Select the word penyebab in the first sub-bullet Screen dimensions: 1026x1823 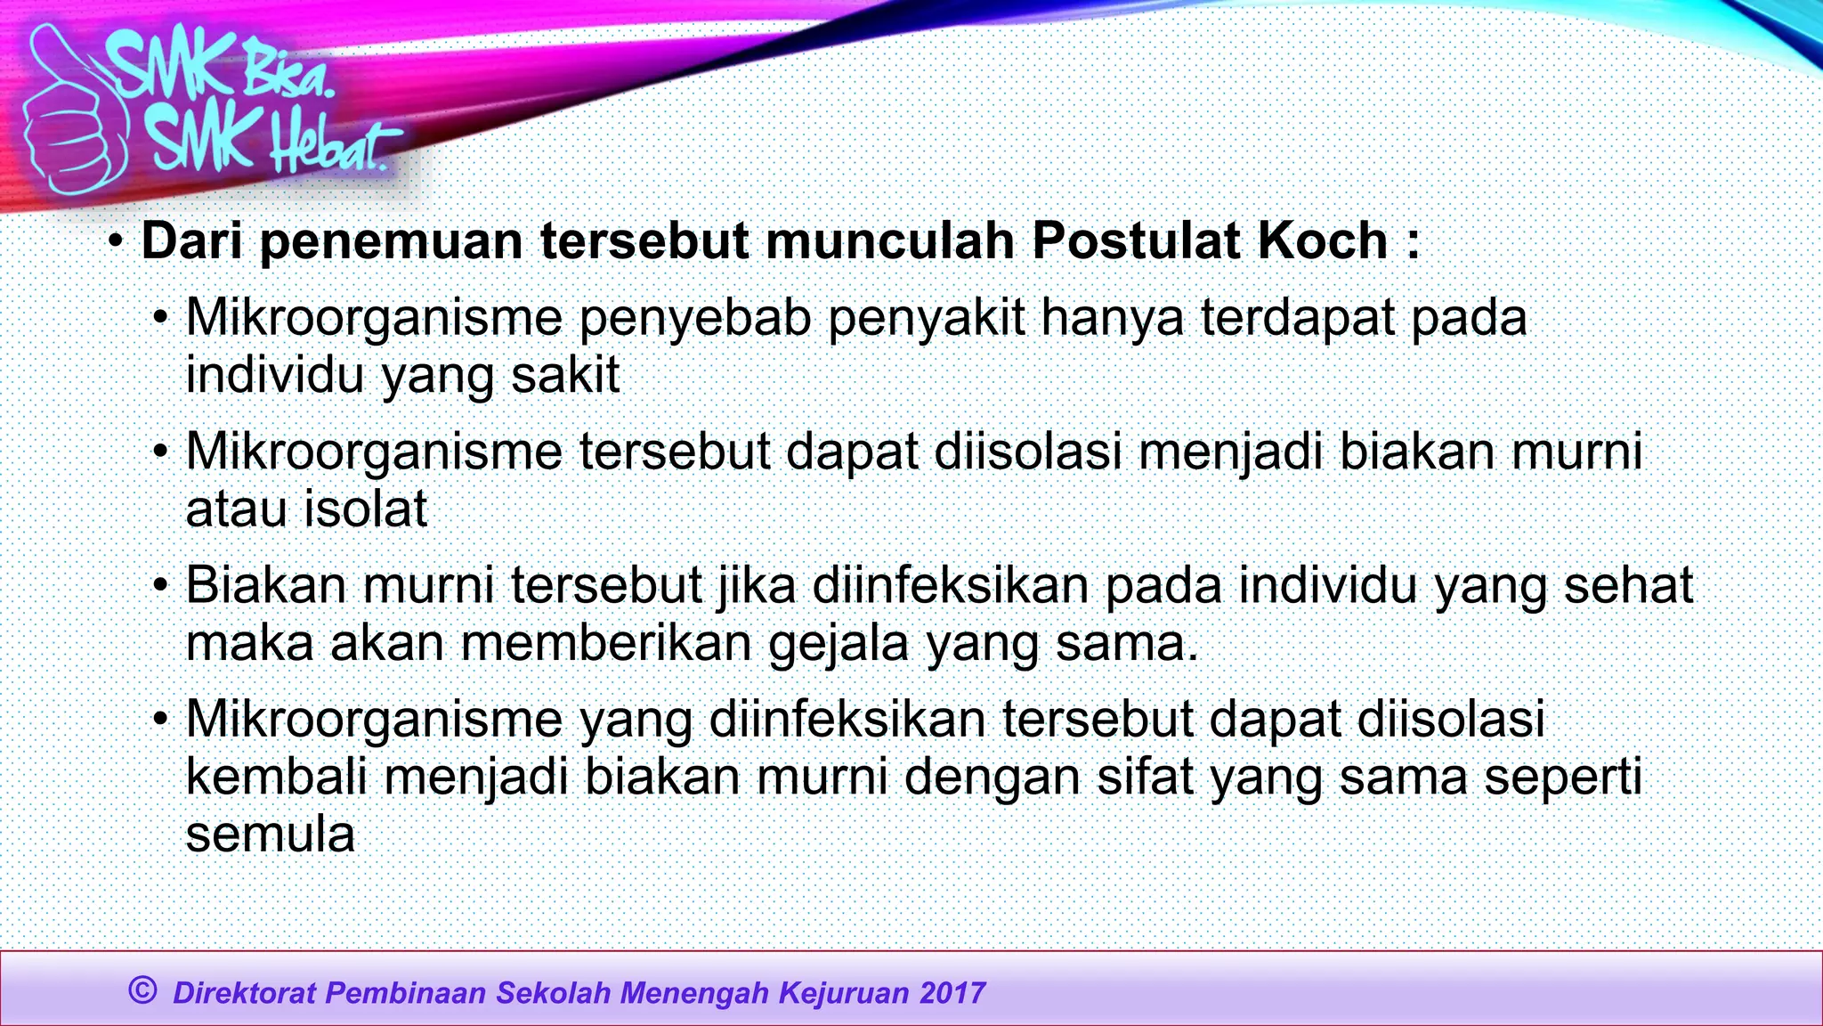point(695,319)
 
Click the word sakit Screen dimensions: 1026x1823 point(565,375)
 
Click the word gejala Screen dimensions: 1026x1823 point(839,644)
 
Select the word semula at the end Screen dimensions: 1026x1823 point(270,835)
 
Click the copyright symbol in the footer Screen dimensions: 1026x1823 point(142,989)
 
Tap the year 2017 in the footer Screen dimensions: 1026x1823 point(952,993)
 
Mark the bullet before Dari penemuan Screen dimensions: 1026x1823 point(116,241)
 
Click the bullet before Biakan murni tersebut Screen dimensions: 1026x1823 point(160,586)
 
